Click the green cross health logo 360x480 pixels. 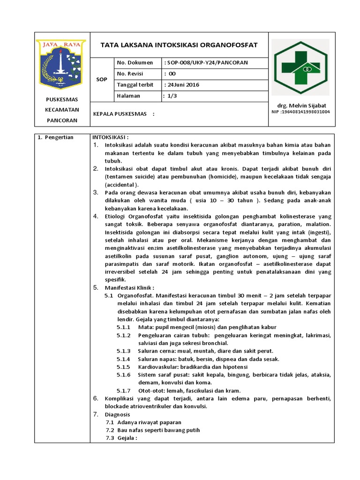(301, 67)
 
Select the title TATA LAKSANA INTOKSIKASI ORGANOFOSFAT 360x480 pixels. (180, 45)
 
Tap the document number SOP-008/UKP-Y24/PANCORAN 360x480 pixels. (207, 63)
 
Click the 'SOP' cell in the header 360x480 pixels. (101, 80)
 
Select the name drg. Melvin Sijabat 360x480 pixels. (300, 105)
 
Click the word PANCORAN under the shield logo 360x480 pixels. (61, 120)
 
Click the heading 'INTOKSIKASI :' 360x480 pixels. (110, 137)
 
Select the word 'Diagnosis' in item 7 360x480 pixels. (118, 414)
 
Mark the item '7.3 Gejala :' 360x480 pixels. (121, 438)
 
